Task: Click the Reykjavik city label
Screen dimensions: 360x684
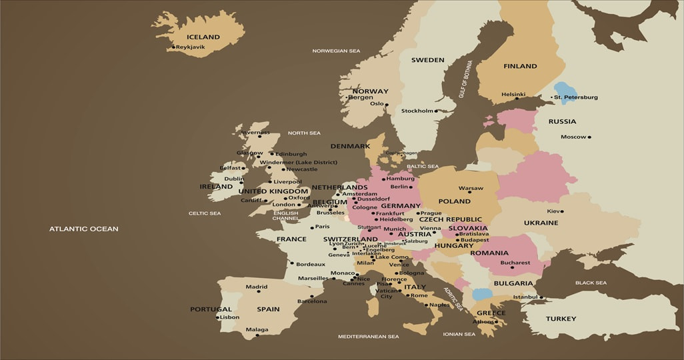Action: pos(191,47)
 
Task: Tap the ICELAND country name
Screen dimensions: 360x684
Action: pos(203,37)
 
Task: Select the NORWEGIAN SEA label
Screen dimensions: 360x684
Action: pos(336,51)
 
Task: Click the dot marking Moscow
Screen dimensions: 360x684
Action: pos(589,137)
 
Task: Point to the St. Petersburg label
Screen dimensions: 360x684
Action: pos(575,97)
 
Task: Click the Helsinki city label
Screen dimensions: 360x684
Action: pos(513,94)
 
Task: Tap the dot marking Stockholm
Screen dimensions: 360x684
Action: pos(437,111)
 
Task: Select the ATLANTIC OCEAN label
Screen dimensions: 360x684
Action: pos(83,229)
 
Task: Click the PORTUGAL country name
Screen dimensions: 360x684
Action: pos(211,309)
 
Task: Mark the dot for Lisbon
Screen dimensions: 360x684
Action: pos(218,317)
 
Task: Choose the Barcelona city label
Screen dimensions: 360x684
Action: pos(312,301)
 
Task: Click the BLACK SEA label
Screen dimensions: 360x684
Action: pos(591,283)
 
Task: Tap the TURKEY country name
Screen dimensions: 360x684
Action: pos(561,319)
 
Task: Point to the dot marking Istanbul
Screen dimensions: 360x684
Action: pos(541,297)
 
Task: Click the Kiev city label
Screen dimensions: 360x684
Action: pos(553,211)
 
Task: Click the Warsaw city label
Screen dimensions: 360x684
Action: pos(471,188)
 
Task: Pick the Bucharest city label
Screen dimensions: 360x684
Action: pos(515,263)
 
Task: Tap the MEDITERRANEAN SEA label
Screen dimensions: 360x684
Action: pos(368,337)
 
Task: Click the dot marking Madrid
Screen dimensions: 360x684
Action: pos(259,291)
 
